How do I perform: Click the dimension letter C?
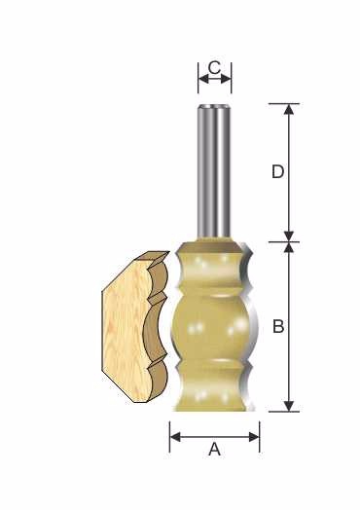(214, 68)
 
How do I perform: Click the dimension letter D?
(277, 171)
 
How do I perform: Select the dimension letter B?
(278, 326)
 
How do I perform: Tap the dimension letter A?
(215, 450)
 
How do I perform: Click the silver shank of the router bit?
(214, 172)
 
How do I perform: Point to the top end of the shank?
(214, 106)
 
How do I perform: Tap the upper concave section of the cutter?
(211, 271)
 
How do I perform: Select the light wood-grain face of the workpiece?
(126, 329)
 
